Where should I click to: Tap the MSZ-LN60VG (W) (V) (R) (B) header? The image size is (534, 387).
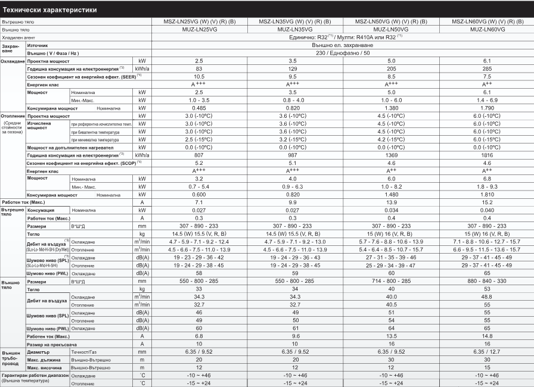click(x=487, y=21)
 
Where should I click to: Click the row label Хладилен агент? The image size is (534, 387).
click(x=20, y=36)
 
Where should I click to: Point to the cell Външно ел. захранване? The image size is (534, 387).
click(x=343, y=45)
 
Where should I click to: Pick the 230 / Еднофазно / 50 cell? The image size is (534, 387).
click(x=343, y=53)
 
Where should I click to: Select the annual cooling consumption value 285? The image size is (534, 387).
click(x=487, y=69)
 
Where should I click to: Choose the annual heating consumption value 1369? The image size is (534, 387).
click(x=391, y=154)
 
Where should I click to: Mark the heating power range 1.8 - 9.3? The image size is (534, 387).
click(x=487, y=186)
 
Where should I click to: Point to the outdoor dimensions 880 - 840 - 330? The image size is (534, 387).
click(x=487, y=280)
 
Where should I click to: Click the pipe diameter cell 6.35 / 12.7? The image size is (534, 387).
click(x=487, y=351)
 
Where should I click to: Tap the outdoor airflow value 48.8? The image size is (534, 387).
click(x=487, y=296)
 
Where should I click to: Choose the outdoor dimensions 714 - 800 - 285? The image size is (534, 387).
click(x=391, y=280)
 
